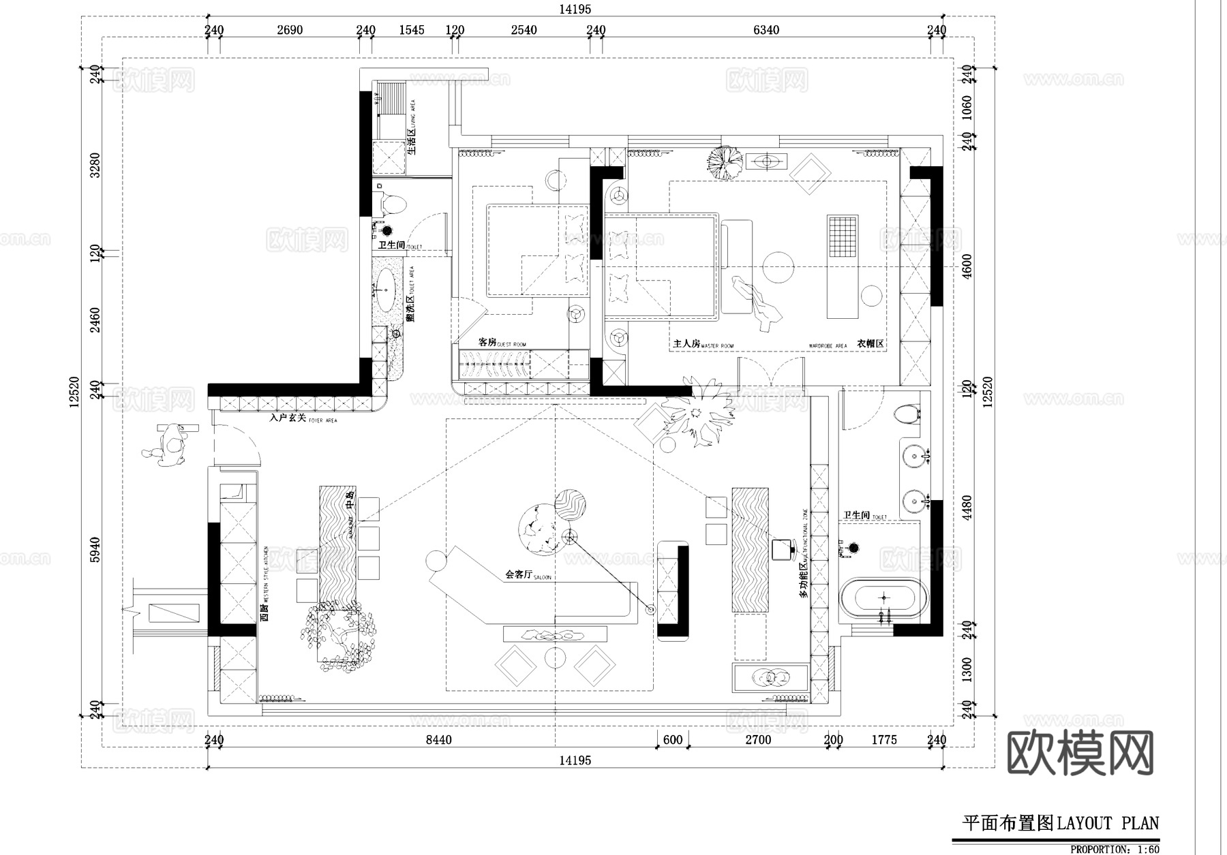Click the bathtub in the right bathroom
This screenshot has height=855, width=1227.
[x=883, y=598]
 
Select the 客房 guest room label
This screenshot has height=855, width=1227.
[x=487, y=342]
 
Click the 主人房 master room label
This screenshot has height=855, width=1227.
[x=686, y=344]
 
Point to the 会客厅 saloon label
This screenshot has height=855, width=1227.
[x=519, y=574]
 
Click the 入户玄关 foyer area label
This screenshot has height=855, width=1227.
[x=288, y=418]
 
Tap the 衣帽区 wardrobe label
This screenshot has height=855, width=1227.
[x=870, y=344]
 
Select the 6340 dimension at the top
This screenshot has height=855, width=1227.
[x=766, y=30]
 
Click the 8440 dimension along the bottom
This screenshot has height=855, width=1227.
[x=438, y=740]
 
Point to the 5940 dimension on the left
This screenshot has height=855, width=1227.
[x=95, y=550]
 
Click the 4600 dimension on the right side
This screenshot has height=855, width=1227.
[x=967, y=266]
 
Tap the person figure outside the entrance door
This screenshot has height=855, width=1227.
[x=169, y=445]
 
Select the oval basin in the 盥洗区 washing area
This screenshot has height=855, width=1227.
[x=386, y=290]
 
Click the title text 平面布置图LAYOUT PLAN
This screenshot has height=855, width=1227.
[x=1060, y=823]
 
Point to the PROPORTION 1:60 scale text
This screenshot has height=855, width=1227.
[x=1114, y=849]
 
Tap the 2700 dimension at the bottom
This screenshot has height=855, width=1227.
[x=758, y=740]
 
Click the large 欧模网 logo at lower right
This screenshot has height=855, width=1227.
[x=1080, y=753]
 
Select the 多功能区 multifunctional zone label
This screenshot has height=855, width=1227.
[x=804, y=579]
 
